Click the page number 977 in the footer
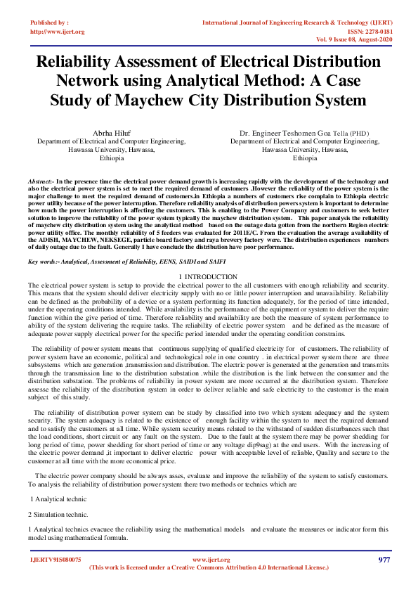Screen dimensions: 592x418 [x=384, y=560]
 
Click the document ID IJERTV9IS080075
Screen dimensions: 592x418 [x=55, y=560]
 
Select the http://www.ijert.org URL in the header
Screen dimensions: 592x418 [x=58, y=32]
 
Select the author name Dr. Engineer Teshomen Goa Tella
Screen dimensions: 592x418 [x=294, y=133]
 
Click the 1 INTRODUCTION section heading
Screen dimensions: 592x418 [x=209, y=277]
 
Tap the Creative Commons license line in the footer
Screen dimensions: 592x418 [x=209, y=567]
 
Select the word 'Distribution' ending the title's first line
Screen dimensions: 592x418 [x=330, y=62]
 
